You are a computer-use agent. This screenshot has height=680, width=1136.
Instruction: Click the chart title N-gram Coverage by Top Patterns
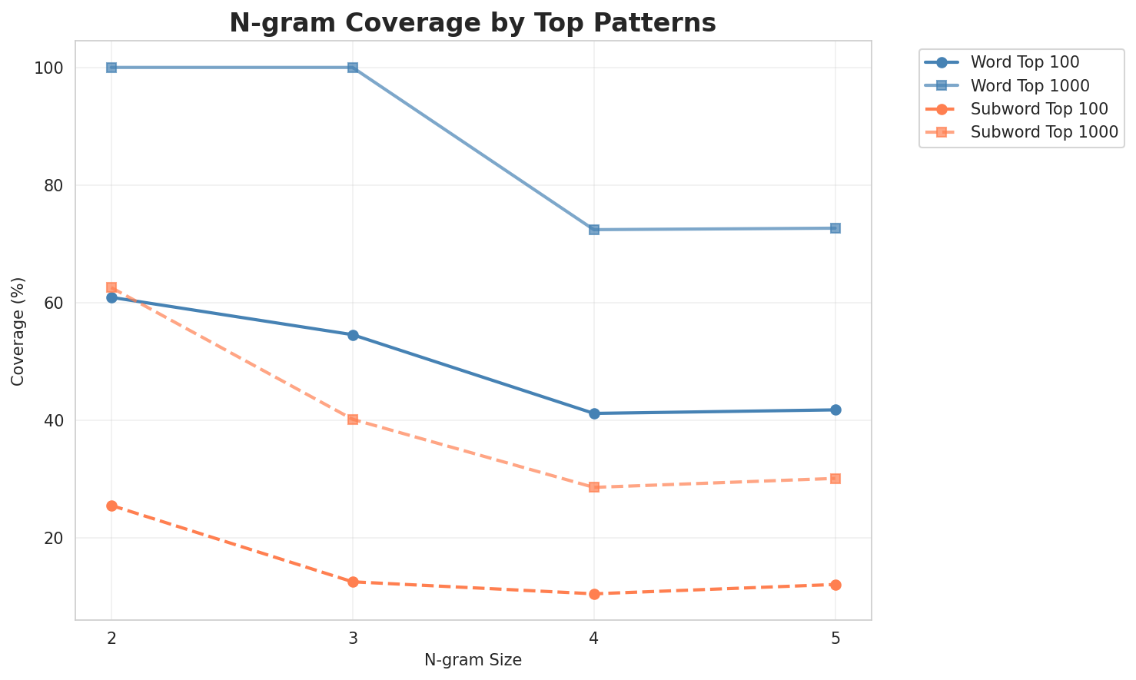[473, 23]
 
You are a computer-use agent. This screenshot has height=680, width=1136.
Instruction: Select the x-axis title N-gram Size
[473, 660]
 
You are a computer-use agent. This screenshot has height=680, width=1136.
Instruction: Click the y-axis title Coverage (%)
[18, 330]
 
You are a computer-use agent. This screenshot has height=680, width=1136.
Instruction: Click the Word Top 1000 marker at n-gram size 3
[353, 68]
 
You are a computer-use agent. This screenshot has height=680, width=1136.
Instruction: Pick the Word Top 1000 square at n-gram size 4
[594, 230]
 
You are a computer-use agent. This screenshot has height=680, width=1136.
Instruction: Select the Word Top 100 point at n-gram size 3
[353, 335]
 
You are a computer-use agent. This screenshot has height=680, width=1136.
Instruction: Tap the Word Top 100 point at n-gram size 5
[835, 410]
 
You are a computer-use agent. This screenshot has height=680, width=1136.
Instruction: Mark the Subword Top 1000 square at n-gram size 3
[353, 420]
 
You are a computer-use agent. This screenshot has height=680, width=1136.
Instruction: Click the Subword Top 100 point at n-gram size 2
[111, 506]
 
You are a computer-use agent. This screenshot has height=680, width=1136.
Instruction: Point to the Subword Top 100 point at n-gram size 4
[594, 594]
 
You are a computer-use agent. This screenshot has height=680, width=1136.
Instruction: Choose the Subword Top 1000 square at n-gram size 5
[835, 479]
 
